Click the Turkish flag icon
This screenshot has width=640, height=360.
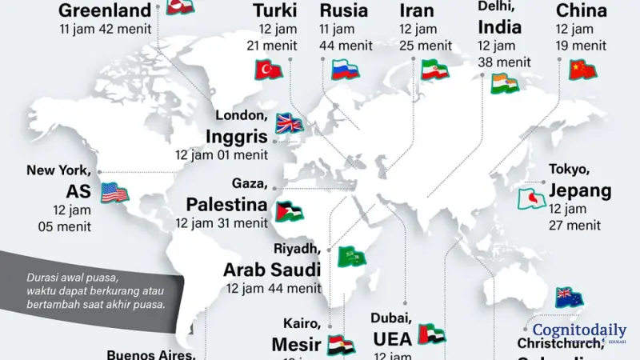coord(269,70)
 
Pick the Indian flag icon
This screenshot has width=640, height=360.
coord(504,83)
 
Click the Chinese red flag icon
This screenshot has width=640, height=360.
coord(582,70)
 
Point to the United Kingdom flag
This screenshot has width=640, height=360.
coord(289,122)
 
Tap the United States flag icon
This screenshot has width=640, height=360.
coord(115,193)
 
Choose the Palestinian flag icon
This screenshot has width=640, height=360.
coord(290,210)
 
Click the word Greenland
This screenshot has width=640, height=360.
coord(105,10)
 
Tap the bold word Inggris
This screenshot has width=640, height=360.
coord(236,135)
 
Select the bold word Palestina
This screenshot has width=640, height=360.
coord(226,203)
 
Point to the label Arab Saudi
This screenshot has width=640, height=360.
coord(272,269)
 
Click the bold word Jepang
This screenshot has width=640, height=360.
coord(580,190)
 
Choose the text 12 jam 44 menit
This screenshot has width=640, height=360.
coord(272,287)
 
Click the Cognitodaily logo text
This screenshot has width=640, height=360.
coord(578,330)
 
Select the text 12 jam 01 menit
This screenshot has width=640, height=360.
coord(222,154)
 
